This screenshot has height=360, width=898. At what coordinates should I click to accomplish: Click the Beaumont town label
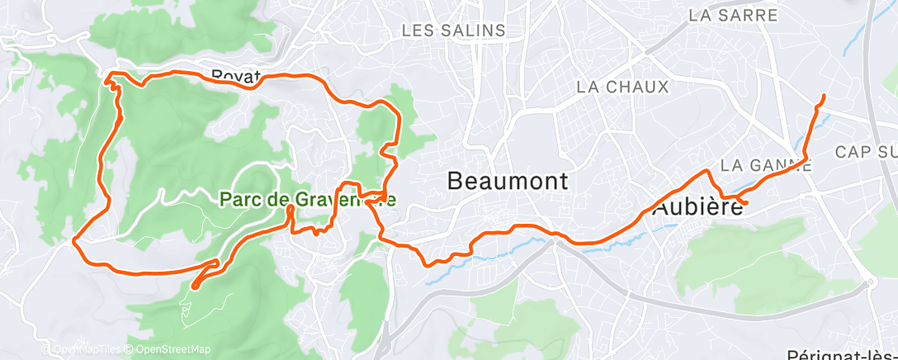click(x=508, y=181)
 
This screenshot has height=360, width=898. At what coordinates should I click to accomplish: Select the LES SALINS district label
click(x=453, y=31)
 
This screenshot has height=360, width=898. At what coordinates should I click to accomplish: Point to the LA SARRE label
click(x=733, y=15)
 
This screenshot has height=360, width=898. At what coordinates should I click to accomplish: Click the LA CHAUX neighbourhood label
click(x=622, y=86)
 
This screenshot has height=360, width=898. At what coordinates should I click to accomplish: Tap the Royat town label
click(x=236, y=75)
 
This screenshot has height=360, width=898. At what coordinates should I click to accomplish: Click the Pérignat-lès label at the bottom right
click(x=842, y=354)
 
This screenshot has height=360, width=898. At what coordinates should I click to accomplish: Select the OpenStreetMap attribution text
click(x=168, y=349)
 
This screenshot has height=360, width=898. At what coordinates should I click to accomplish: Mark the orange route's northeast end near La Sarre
click(x=824, y=97)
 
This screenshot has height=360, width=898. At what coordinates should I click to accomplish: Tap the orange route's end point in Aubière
click(x=746, y=202)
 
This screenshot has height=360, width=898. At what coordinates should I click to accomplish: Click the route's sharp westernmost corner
click(x=74, y=241)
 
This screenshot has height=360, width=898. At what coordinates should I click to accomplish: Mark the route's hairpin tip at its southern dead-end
click(x=194, y=287)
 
